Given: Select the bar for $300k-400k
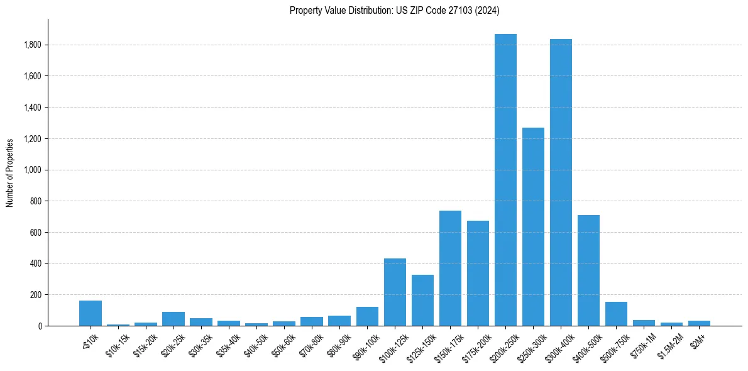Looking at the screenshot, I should pos(561,182).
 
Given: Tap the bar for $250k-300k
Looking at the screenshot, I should pos(533,226).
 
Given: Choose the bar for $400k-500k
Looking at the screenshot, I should pos(588,270).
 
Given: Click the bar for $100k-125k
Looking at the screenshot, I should pos(395,292).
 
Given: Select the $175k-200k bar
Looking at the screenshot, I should pos(478,274).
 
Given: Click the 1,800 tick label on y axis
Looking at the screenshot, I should pos(33,45).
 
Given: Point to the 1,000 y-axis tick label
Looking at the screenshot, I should pos(33,170).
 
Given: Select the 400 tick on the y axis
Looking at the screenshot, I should pos(36,263).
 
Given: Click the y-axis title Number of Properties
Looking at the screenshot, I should pos(9,172).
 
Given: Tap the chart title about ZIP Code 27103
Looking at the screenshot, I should pos(395,10).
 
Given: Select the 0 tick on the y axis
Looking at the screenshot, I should pos(40,326).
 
